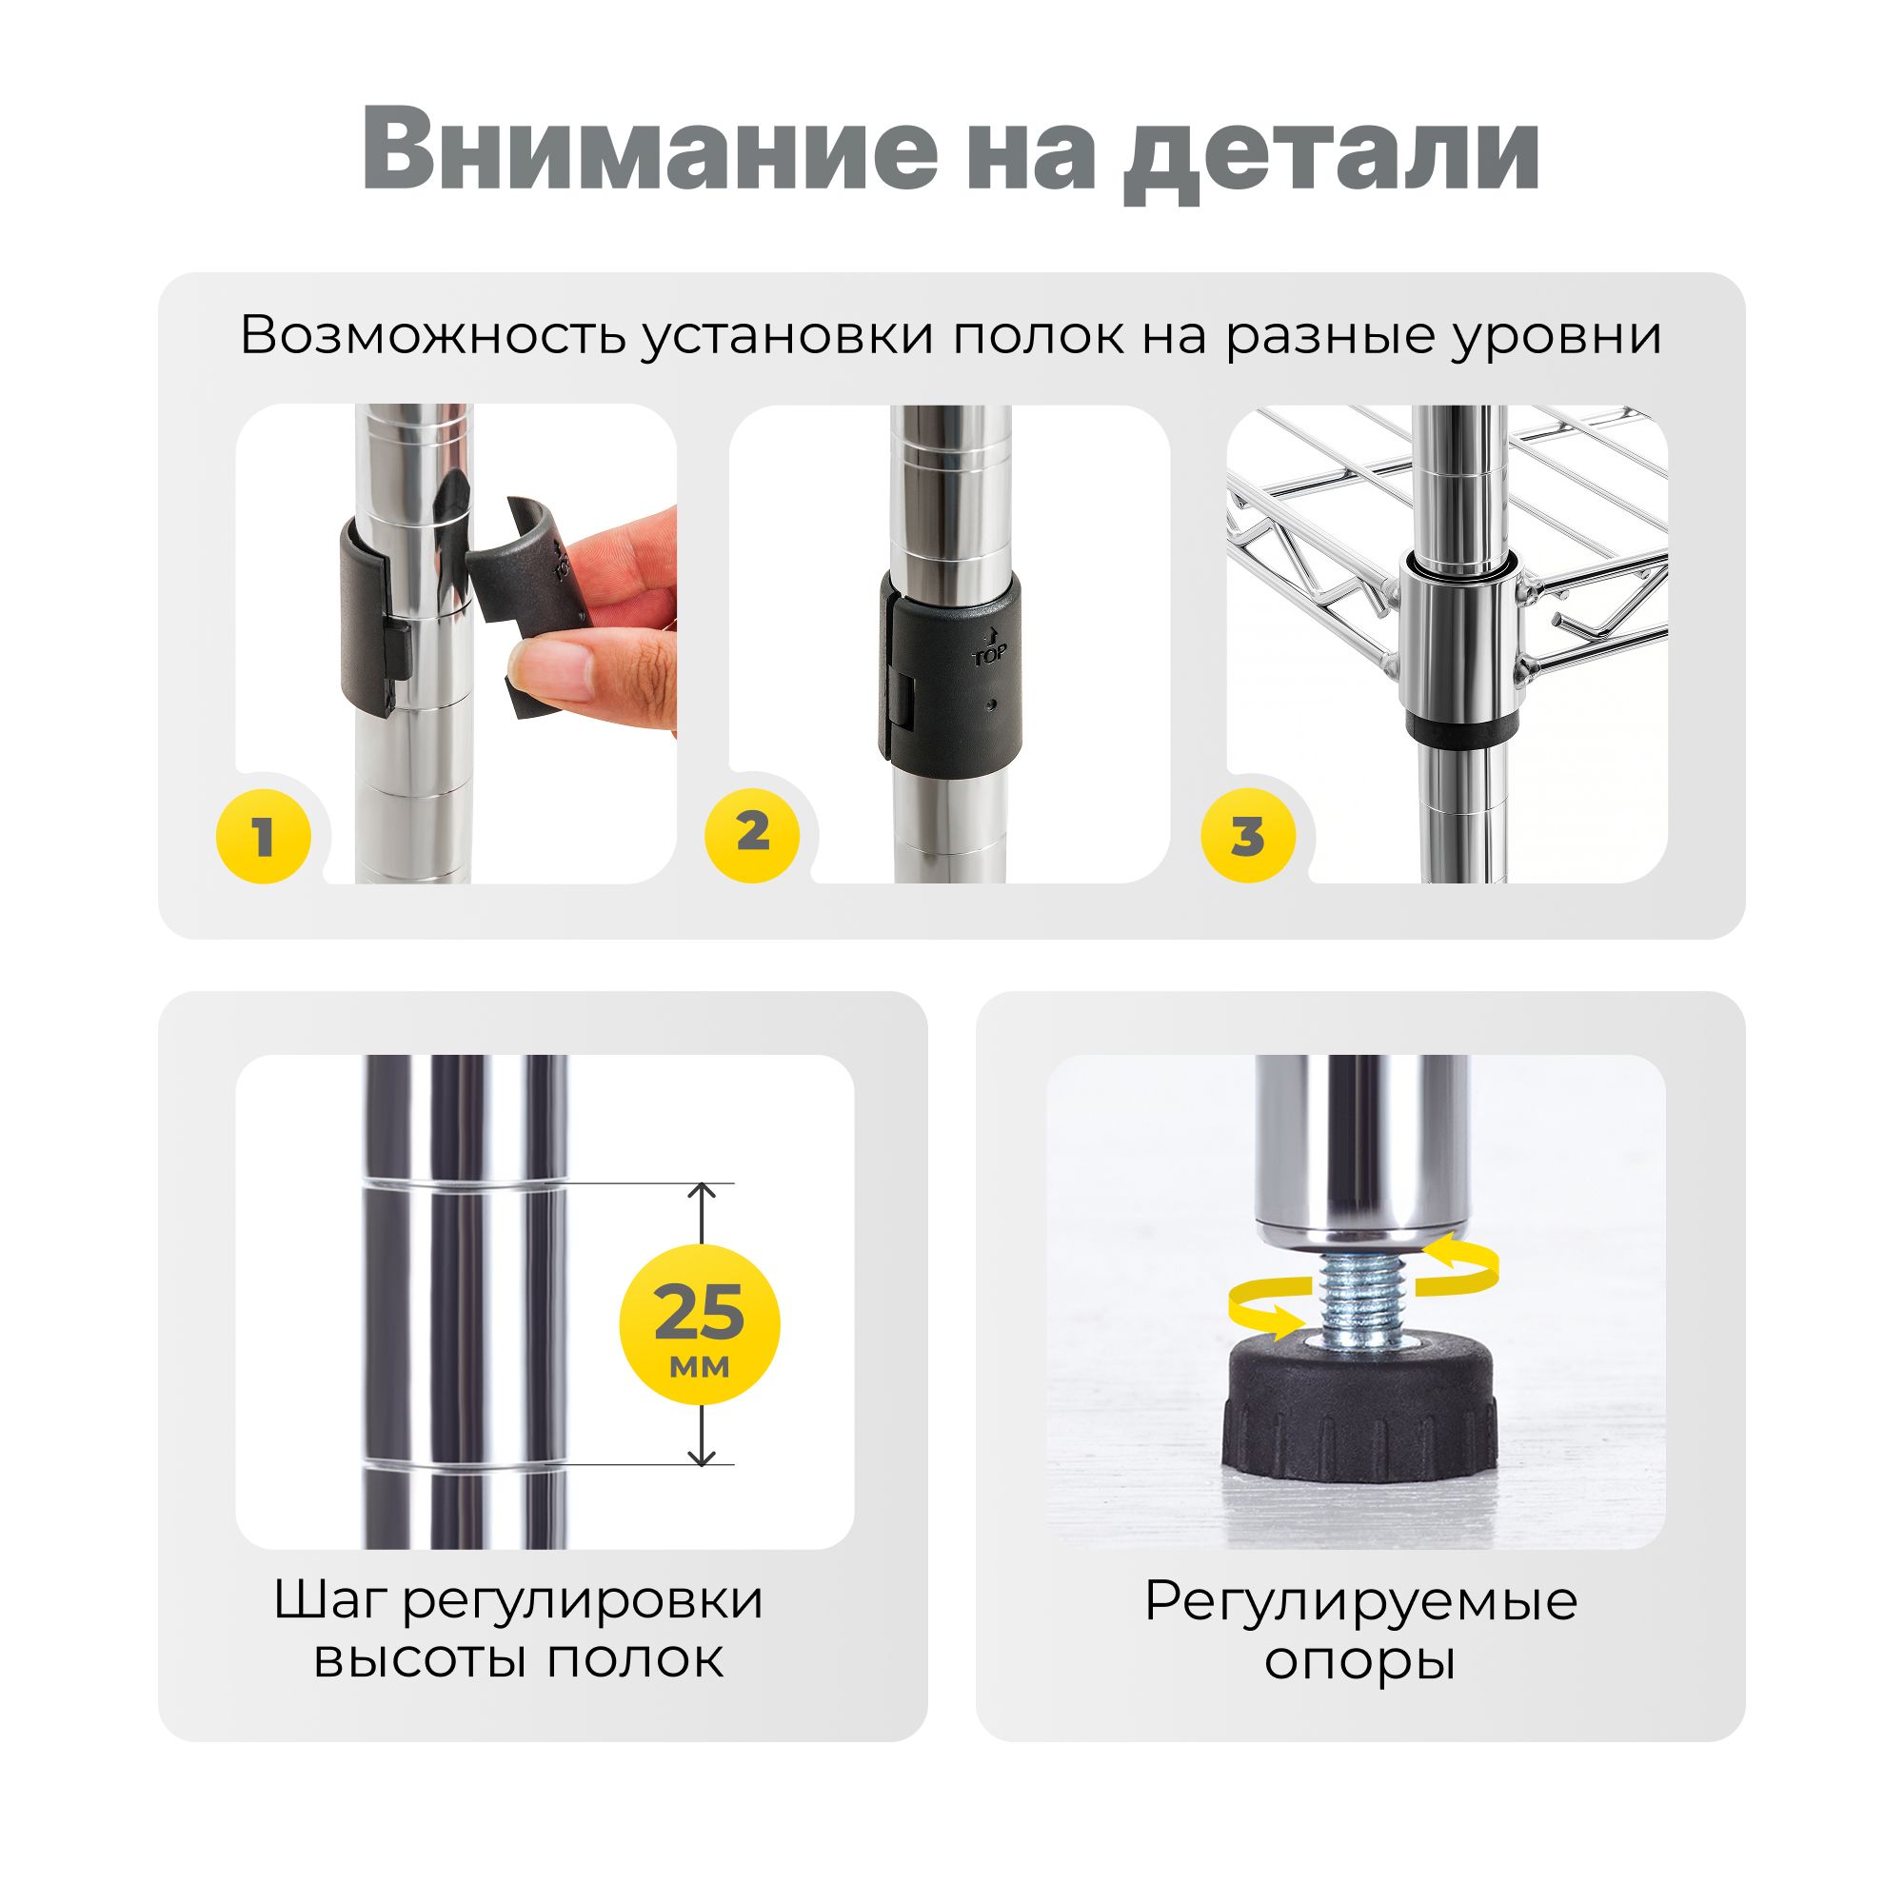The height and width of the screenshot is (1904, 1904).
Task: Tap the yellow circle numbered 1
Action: [x=263, y=836]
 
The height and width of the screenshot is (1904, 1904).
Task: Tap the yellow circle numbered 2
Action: [x=752, y=834]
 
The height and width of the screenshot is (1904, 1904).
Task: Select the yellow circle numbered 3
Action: [x=1248, y=836]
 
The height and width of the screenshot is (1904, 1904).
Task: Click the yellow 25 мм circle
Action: [x=699, y=1324]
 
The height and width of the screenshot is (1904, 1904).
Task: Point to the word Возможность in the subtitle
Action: [x=433, y=336]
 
